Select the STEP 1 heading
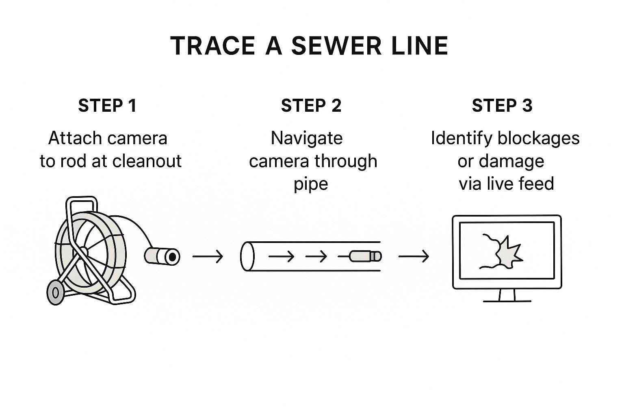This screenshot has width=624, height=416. (107, 106)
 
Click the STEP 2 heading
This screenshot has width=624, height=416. (311, 106)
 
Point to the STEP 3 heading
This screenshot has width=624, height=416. (502, 106)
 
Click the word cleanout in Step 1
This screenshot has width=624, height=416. (147, 161)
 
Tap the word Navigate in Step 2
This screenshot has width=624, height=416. (307, 138)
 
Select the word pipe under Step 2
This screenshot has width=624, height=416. (311, 184)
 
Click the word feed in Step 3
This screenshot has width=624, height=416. (536, 184)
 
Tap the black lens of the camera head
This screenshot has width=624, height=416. (173, 257)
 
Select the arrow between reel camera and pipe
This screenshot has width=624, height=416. (208, 256)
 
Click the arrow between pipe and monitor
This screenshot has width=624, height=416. (414, 256)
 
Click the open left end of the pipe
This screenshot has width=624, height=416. (247, 256)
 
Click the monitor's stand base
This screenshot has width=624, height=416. (507, 301)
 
